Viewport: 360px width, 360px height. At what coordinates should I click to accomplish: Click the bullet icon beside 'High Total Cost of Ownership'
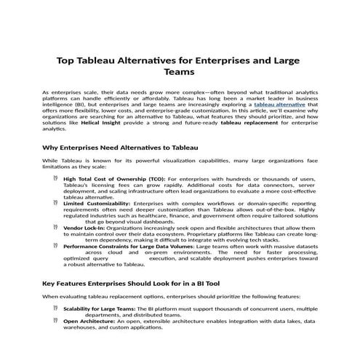coord(56,177)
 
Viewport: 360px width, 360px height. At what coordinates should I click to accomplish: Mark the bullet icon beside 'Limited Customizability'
coord(56,204)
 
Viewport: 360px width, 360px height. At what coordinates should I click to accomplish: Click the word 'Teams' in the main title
coord(180,73)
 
